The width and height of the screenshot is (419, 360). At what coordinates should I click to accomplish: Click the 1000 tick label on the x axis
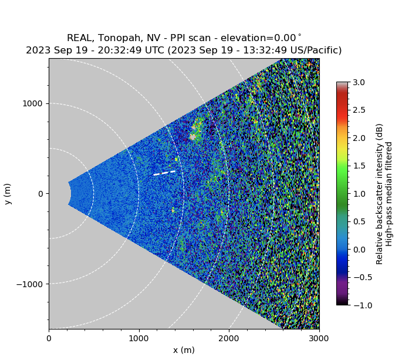coord(139,338)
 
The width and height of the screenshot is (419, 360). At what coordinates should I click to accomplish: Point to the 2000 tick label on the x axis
coord(229,338)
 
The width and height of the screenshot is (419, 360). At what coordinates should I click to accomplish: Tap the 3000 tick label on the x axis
coord(319,338)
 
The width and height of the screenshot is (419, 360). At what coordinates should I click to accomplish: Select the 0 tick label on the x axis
coord(49,338)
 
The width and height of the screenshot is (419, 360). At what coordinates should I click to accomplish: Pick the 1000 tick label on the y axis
coord(33,103)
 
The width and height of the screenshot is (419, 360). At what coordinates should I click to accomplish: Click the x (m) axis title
coord(184,350)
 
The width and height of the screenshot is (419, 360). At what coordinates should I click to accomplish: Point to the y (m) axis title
coord(8,194)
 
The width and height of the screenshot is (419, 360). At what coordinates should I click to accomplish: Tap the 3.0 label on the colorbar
coord(359,82)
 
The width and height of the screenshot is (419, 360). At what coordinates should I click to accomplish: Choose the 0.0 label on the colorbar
coord(359,250)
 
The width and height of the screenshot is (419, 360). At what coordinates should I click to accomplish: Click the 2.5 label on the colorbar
coord(359,110)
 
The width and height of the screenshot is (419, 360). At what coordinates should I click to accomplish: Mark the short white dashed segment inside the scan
coord(164,173)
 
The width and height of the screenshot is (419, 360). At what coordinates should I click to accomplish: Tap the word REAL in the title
coord(79,38)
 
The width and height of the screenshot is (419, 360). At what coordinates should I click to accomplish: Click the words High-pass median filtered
coord(389,194)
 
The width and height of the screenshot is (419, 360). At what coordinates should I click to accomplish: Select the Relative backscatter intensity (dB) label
coord(379,194)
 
